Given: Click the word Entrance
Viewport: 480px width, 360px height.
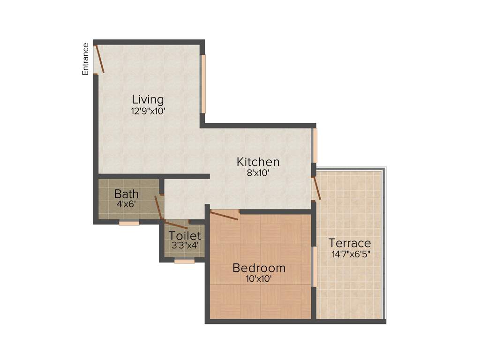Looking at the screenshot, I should pyautogui.click(x=85, y=59).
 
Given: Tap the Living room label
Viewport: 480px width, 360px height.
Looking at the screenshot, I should pyautogui.click(x=148, y=99).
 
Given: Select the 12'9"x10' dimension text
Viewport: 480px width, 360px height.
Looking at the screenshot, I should pyautogui.click(x=148, y=111).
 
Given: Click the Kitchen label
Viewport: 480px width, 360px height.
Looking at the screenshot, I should pyautogui.click(x=258, y=162).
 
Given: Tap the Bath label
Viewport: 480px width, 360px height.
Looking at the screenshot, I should pyautogui.click(x=126, y=194).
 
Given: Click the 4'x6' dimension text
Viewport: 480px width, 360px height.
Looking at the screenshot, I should pyautogui.click(x=126, y=204).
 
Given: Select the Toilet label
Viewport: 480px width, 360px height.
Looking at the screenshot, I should pyautogui.click(x=185, y=236).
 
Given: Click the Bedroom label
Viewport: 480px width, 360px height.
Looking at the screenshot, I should pyautogui.click(x=259, y=268).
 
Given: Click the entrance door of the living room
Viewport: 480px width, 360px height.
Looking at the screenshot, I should pyautogui.click(x=99, y=59).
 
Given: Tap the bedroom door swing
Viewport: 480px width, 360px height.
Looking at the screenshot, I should pyautogui.click(x=225, y=215).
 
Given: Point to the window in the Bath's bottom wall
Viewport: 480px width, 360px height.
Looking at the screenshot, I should pyautogui.click(x=129, y=223).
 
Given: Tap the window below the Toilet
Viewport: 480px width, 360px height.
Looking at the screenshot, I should pyautogui.click(x=184, y=261).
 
